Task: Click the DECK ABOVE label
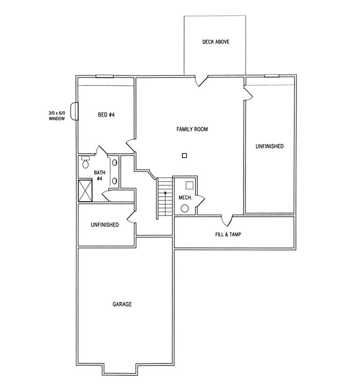pyautogui.click(x=216, y=42)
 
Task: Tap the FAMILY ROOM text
pyautogui.click(x=192, y=129)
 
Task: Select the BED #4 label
pyautogui.click(x=106, y=114)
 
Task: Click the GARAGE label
pyautogui.click(x=122, y=304)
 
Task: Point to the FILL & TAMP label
pyautogui.click(x=228, y=235)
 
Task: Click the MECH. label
pyautogui.click(x=185, y=198)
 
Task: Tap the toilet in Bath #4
pyautogui.click(x=85, y=162)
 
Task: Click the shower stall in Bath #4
pyautogui.click(x=85, y=191)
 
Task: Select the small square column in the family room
pyautogui.click(x=185, y=156)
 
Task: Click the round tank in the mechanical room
pyautogui.click(x=185, y=208)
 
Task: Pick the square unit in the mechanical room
pyautogui.click(x=190, y=185)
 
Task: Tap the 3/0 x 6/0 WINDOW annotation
pyautogui.click(x=57, y=116)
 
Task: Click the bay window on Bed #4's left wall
pyautogui.click(x=74, y=111)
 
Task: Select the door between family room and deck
pyautogui.click(x=201, y=81)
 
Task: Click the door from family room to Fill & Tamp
pyautogui.click(x=227, y=220)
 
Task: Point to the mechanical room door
pyautogui.click(x=200, y=201)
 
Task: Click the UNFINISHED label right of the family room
pyautogui.click(x=270, y=146)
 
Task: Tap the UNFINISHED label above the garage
pyautogui.click(x=105, y=225)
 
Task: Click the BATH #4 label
pyautogui.click(x=99, y=176)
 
